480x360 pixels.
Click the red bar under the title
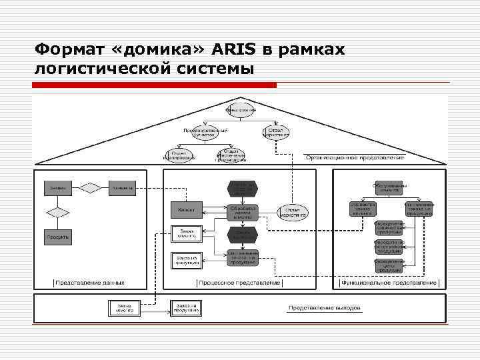pos(155,85)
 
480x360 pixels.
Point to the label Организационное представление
pos(355,157)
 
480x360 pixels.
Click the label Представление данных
pos(89,283)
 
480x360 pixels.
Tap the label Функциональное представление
pos(388,283)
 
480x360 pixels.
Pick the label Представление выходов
pos(324,308)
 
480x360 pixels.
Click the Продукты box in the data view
pos(58,237)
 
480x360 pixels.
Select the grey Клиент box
pos(186,210)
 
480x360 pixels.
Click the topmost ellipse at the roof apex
pos(241,109)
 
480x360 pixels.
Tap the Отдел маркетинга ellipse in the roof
pos(276,132)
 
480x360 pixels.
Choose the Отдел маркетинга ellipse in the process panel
pos(293,213)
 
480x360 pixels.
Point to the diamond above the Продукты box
pos(58,213)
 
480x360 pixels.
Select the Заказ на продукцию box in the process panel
pos(186,259)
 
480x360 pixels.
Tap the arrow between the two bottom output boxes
pos(153,309)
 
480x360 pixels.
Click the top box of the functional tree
pos(389,189)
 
